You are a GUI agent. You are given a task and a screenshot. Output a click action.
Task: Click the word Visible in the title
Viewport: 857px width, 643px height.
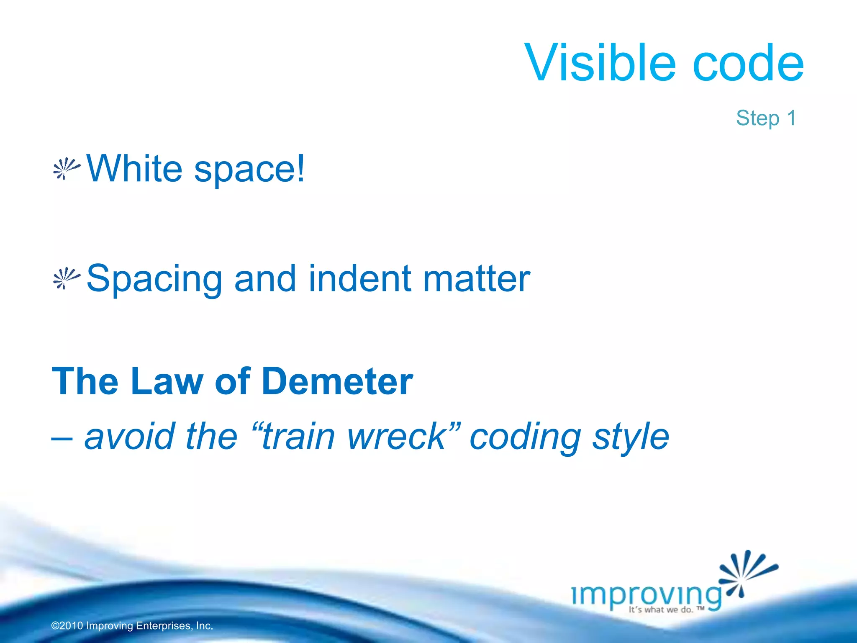coord(600,63)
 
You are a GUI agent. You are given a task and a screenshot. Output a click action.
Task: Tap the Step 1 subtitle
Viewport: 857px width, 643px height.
coord(766,118)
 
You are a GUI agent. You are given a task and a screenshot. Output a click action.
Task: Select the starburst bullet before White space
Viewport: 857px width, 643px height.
coord(66,169)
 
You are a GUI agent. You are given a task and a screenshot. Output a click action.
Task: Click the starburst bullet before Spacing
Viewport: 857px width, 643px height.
coord(66,278)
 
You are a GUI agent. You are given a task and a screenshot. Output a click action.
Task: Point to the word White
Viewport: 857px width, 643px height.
coord(134,168)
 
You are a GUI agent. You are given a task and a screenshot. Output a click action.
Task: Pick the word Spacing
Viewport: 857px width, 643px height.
coord(154,280)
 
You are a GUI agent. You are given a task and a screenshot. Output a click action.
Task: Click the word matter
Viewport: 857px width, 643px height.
coord(477,279)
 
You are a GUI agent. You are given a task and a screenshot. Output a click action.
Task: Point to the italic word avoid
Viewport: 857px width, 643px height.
coord(130,436)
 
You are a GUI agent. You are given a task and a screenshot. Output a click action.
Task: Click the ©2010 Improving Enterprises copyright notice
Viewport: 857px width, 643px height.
coord(132,626)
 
